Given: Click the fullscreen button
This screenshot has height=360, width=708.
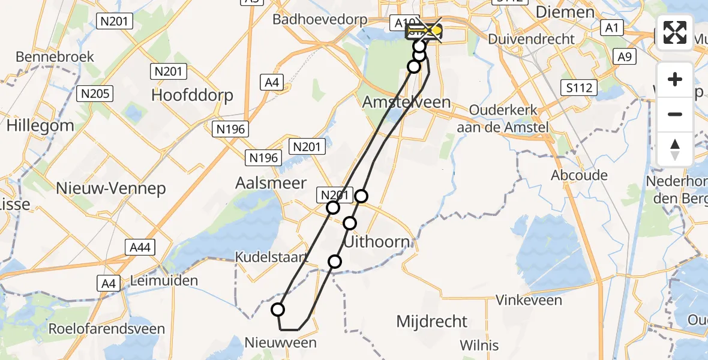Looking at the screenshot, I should point(675,32).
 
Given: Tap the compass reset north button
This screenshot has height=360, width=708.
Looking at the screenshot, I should point(675,149).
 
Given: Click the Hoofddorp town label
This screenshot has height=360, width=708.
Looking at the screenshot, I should point(192,95).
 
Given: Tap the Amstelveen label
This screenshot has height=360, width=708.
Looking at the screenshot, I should point(406,102).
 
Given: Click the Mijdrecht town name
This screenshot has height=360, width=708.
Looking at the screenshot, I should point(431,321).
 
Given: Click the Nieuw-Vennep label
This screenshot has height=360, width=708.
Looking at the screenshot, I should point(110,188).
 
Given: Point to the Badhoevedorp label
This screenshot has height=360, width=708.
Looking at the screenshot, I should point(320,20).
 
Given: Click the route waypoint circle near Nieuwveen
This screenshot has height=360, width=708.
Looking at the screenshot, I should point(278,310).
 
